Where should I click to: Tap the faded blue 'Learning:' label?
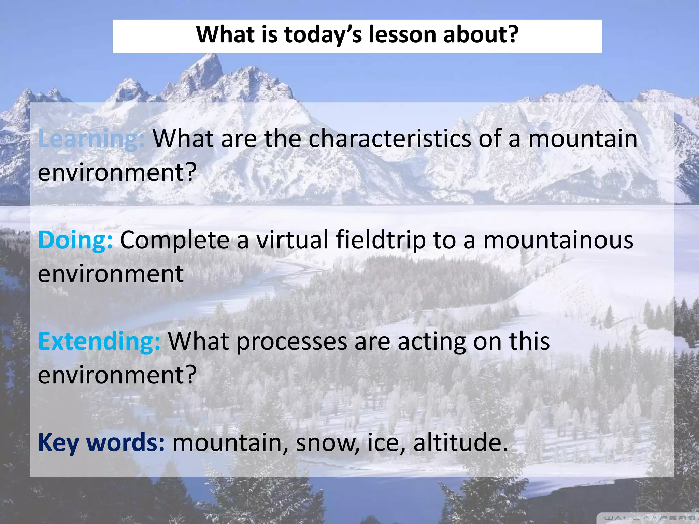point(91,139)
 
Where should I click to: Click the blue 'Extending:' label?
point(99,341)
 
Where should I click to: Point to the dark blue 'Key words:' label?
point(101,442)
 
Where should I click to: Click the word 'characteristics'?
point(389,139)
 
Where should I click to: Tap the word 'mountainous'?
point(558,240)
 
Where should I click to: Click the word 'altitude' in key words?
point(460,442)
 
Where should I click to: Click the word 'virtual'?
point(292,240)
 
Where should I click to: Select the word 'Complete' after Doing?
point(174,241)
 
